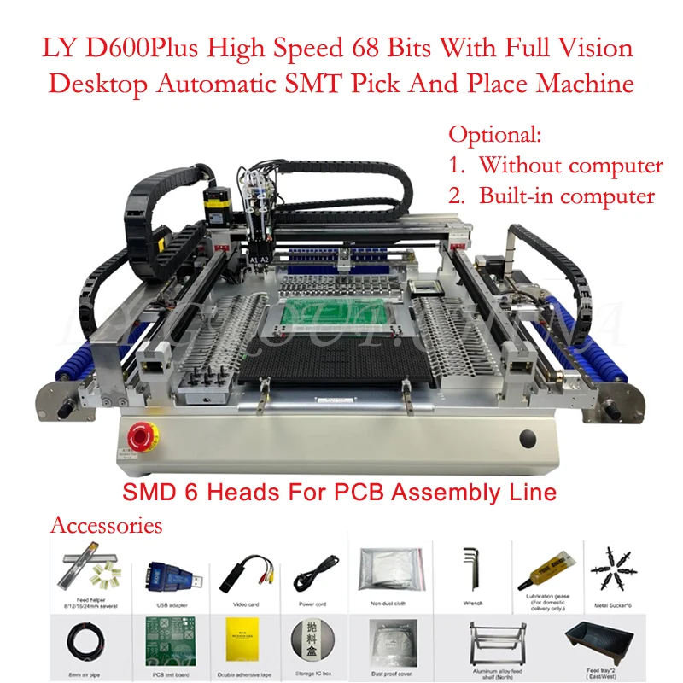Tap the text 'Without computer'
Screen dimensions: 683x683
pos(570,165)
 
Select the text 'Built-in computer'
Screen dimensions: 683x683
pos(566,196)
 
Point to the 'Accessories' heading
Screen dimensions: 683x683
pos(106,524)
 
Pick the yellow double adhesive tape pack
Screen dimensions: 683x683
pos(236,641)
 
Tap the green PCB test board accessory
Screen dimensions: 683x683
pos(161,643)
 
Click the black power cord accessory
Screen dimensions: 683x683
pos(312,569)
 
